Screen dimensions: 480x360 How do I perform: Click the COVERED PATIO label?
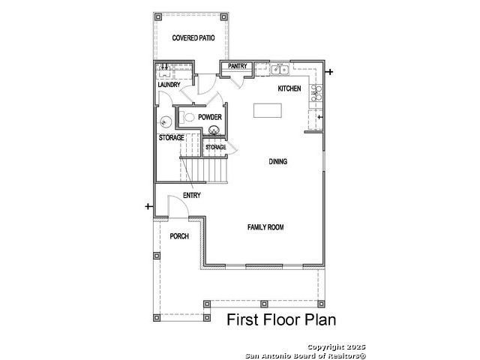coord(193,38)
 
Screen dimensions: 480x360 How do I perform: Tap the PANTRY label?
coord(238,66)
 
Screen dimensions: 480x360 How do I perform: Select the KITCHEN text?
coord(289,88)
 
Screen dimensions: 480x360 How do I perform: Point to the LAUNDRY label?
coord(169,85)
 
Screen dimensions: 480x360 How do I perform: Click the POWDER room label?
coord(210,117)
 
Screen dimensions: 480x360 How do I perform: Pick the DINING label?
coord(278,161)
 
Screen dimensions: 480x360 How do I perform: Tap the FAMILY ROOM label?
coord(265,227)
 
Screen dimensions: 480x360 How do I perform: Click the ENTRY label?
coord(192,195)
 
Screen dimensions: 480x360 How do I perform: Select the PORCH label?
coord(179,236)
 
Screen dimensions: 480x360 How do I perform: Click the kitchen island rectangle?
coord(268,110)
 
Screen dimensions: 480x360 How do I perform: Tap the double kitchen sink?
coord(280,70)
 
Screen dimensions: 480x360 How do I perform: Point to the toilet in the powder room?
coord(187,117)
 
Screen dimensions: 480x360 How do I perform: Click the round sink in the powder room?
coord(214,130)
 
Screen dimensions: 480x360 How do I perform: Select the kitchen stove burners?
coord(316,93)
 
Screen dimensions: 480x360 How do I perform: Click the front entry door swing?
coord(178,207)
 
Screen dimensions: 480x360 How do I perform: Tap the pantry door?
coord(237,81)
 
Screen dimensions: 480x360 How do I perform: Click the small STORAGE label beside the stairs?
coord(216,147)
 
